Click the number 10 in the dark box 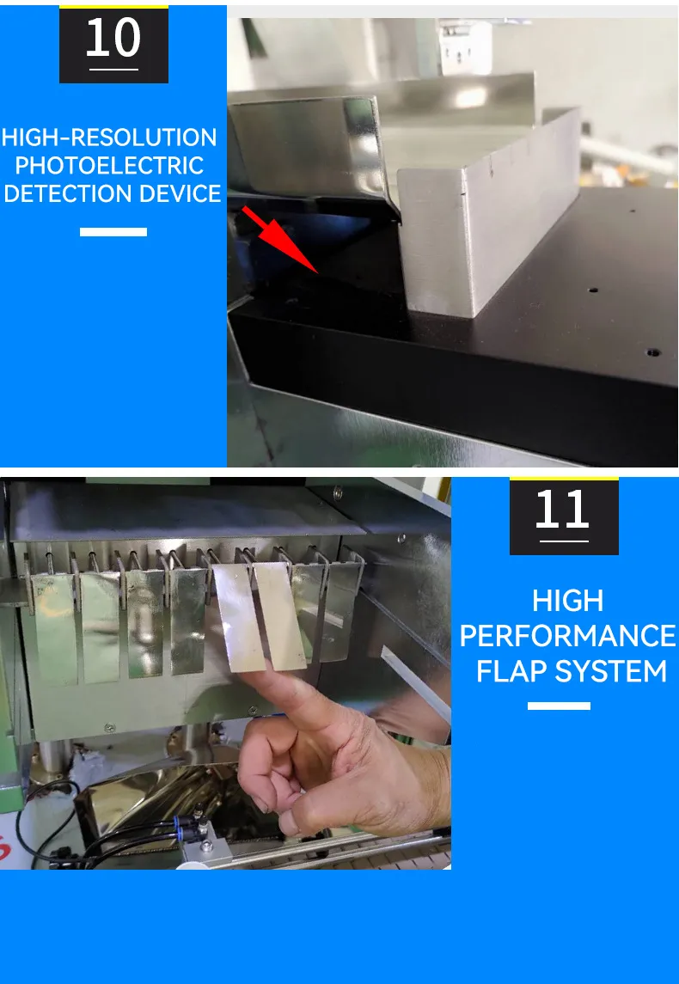[113, 39]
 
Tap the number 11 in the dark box [564, 510]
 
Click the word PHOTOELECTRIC [109, 165]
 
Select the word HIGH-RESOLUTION [109, 138]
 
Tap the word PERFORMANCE [568, 636]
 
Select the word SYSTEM [613, 670]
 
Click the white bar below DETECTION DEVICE [113, 232]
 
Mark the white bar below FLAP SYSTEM [559, 706]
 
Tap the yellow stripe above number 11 [564, 478]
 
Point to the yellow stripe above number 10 [113, 6]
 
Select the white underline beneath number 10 [113, 69]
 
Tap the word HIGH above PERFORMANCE [568, 601]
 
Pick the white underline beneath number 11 [564, 541]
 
